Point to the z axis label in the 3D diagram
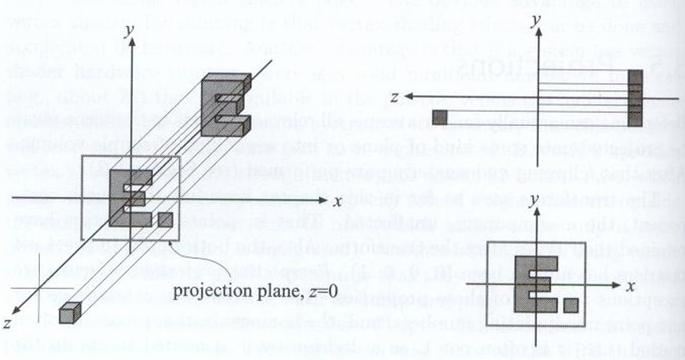[x=9, y=325]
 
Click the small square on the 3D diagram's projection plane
[x=166, y=219]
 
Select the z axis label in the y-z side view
[x=395, y=97]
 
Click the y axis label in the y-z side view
[x=535, y=21]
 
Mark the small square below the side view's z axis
[x=439, y=117]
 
